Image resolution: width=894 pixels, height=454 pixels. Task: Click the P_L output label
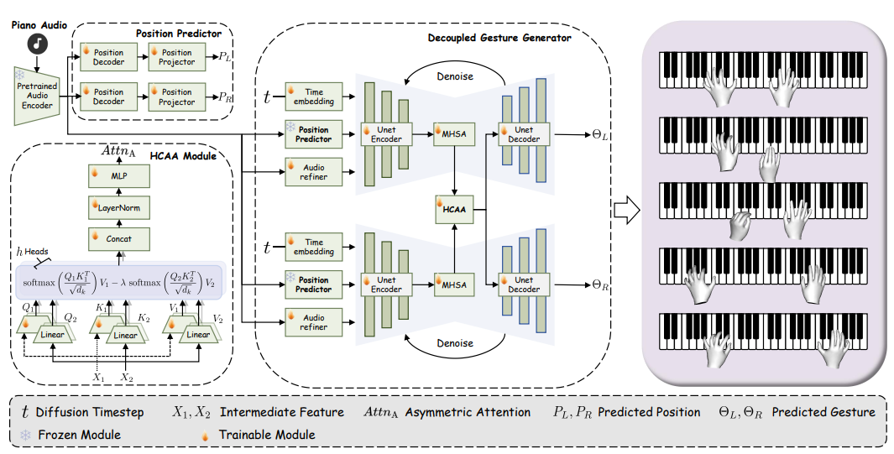(224, 58)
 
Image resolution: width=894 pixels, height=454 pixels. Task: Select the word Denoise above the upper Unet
(455, 76)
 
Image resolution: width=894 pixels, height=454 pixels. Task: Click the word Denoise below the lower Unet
(455, 343)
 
